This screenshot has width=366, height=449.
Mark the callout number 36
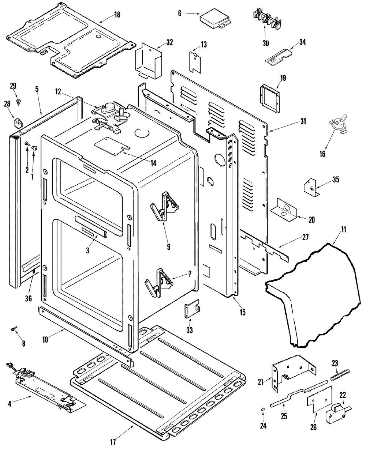pyautogui.click(x=29, y=298)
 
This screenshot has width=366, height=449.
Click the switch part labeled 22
pyautogui.click(x=336, y=414)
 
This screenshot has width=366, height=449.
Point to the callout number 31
pyautogui.click(x=303, y=121)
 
